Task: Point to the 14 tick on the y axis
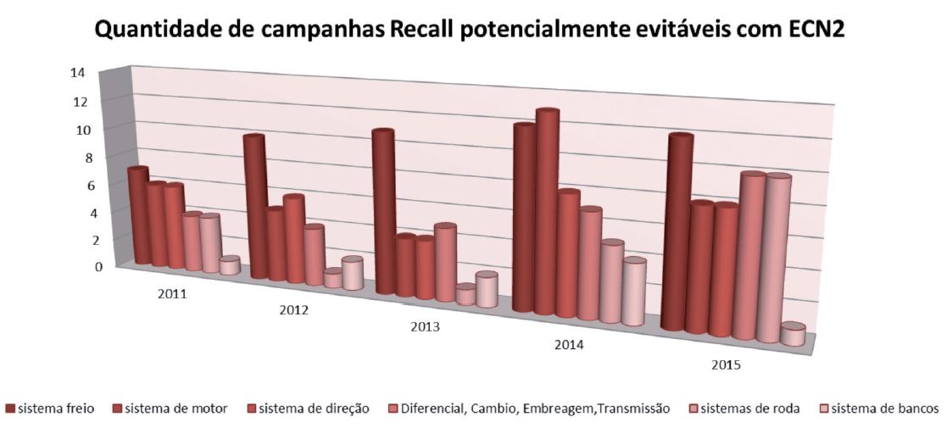click(77, 73)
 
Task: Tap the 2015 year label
click(726, 365)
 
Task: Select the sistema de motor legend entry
click(175, 409)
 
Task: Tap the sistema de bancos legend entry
click(878, 409)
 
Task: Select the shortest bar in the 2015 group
click(792, 335)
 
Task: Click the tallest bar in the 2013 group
click(383, 212)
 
